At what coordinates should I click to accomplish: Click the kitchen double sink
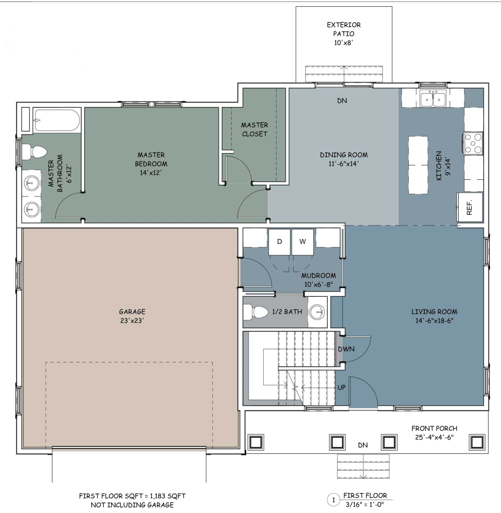pos(433,98)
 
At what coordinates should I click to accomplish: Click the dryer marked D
pos(279,242)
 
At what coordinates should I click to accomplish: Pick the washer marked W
pos(303,242)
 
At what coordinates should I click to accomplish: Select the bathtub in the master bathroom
pos(57,120)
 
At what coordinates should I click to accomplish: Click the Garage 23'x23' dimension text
pos(132,321)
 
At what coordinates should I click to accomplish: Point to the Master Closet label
pos(254,129)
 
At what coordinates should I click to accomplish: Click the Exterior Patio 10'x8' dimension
pos(343,43)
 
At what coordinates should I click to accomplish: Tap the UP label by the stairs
pos(342,387)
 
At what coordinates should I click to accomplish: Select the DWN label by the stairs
pos(346,349)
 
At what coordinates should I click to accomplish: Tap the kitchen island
pos(418,165)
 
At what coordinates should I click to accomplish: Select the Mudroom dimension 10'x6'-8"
pos(319,284)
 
